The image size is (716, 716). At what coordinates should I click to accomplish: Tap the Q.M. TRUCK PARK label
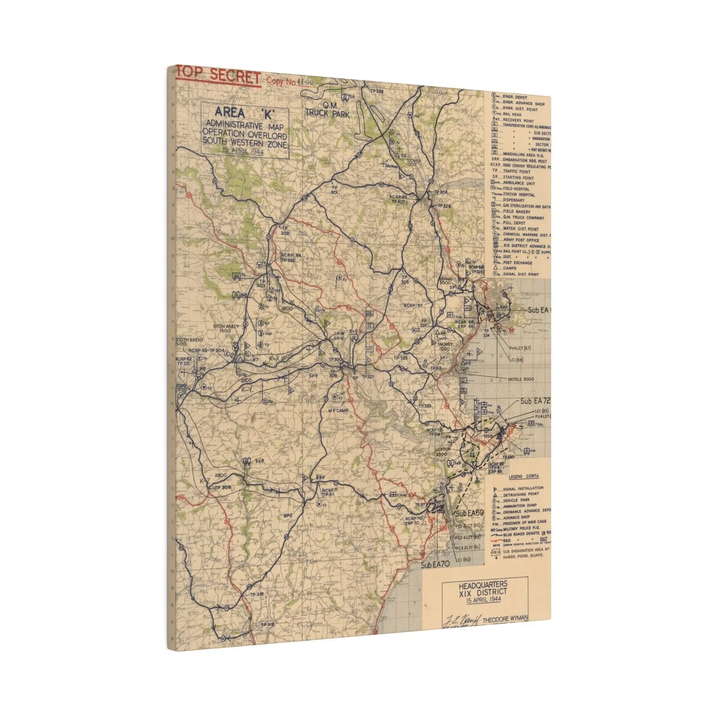327,110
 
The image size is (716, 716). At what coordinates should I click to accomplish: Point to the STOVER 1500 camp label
414,162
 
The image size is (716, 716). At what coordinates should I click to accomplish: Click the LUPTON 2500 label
443,451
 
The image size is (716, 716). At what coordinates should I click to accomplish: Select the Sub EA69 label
470,513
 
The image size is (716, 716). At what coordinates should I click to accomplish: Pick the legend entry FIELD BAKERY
517,212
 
